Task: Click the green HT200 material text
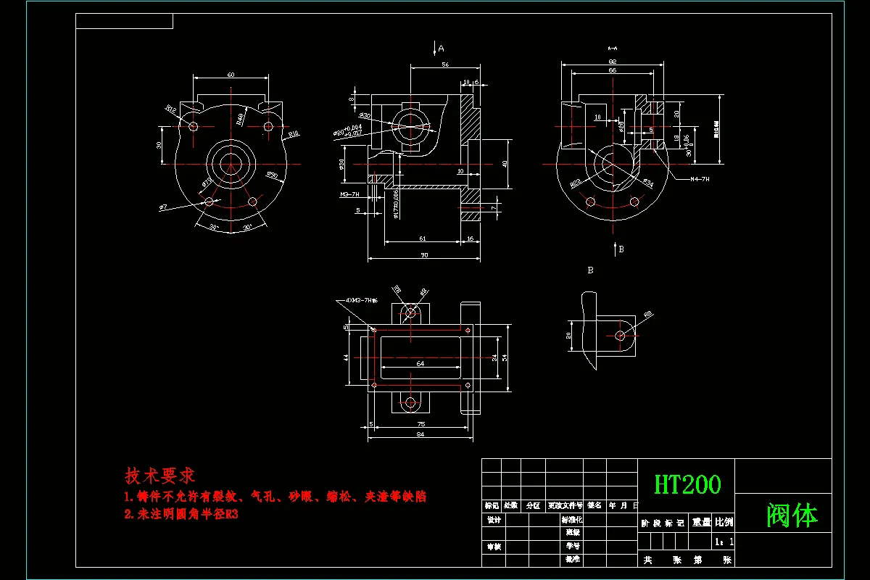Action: click(x=687, y=484)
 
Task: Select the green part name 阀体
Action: click(x=792, y=516)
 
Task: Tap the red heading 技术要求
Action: click(x=159, y=476)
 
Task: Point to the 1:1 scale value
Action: click(x=724, y=542)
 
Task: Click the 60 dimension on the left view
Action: click(x=231, y=75)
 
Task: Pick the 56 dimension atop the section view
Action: click(x=444, y=65)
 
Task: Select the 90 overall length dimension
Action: click(x=424, y=254)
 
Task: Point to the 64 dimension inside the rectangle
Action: click(x=420, y=364)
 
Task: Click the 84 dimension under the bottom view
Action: click(x=420, y=434)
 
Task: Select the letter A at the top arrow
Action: click(x=441, y=49)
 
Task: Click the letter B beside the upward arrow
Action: click(x=621, y=249)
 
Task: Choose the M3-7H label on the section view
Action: click(x=350, y=195)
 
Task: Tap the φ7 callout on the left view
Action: click(x=163, y=207)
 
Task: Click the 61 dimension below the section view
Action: click(x=423, y=238)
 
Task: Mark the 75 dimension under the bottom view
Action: click(x=420, y=424)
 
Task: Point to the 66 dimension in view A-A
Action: click(x=612, y=71)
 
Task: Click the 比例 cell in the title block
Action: click(x=724, y=522)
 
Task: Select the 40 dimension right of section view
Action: click(x=505, y=164)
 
